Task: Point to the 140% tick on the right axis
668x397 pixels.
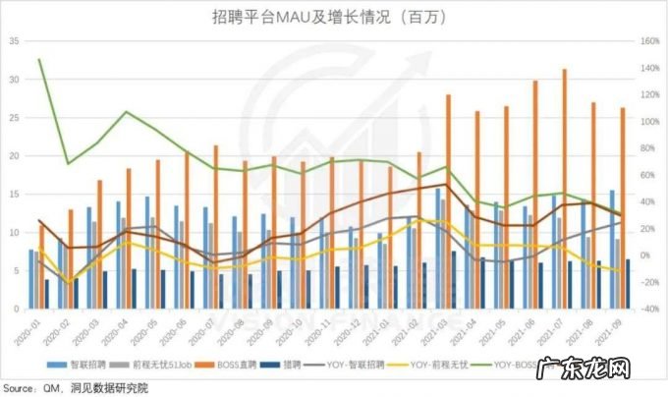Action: point(649,41)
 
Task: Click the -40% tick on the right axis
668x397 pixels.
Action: point(649,309)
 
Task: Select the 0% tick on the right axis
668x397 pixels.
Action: point(649,255)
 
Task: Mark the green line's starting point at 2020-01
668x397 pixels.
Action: point(39,60)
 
